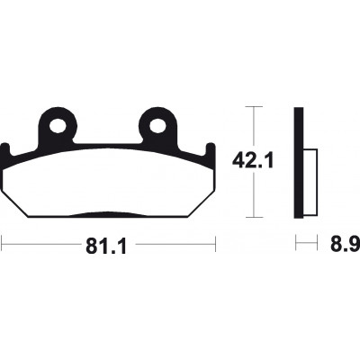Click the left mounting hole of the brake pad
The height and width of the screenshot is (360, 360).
coord(59,125)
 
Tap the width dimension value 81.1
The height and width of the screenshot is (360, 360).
coord(110,242)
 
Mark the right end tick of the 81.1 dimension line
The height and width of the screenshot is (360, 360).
coord(217,242)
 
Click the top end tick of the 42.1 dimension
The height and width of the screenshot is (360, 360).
coord(256,106)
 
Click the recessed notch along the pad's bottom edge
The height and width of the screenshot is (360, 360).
coord(109,214)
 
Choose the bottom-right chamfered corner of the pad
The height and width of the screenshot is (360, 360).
coord(200,203)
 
